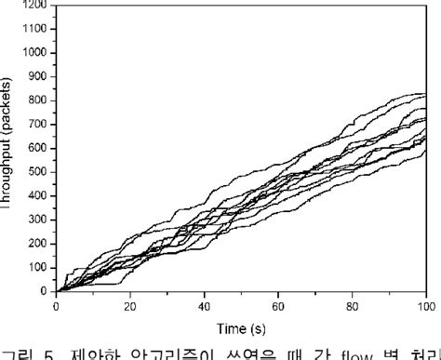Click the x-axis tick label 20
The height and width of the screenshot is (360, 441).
coord(129,304)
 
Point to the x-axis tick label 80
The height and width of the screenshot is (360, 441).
coord(352,304)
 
